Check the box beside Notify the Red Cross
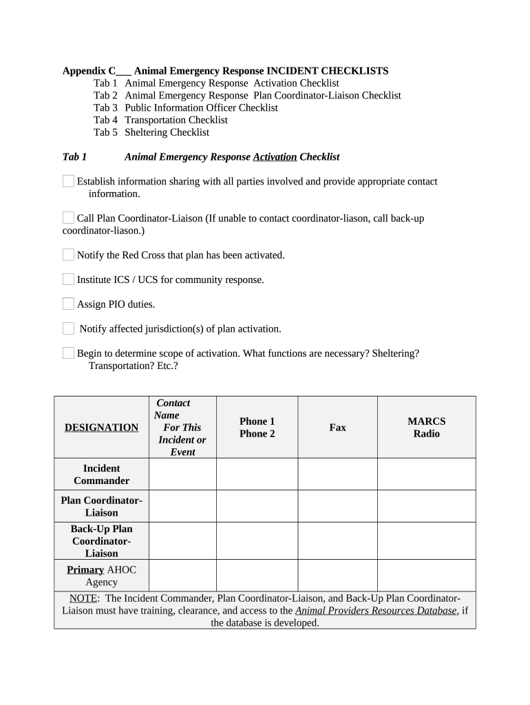pos(68,255)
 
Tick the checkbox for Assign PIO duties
pos(68,304)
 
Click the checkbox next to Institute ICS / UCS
pos(68,280)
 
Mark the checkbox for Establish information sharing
pos(68,181)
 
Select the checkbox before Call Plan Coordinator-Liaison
pos(68,218)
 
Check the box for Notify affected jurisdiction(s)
pos(68,328)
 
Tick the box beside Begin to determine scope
pos(68,353)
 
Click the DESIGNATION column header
pos(101,428)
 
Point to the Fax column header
pos(337,428)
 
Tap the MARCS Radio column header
pos(426,428)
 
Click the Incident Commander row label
pos(101,474)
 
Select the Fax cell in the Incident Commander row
pos(337,474)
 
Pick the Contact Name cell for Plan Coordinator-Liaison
pos(182,506)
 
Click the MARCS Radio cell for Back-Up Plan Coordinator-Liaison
pos(426,540)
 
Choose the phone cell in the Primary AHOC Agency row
pos(257,576)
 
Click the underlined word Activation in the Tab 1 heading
pos(275,157)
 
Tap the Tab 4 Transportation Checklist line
pos(160,120)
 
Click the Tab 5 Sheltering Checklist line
pos(151,132)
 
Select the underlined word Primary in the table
pos(85,569)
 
